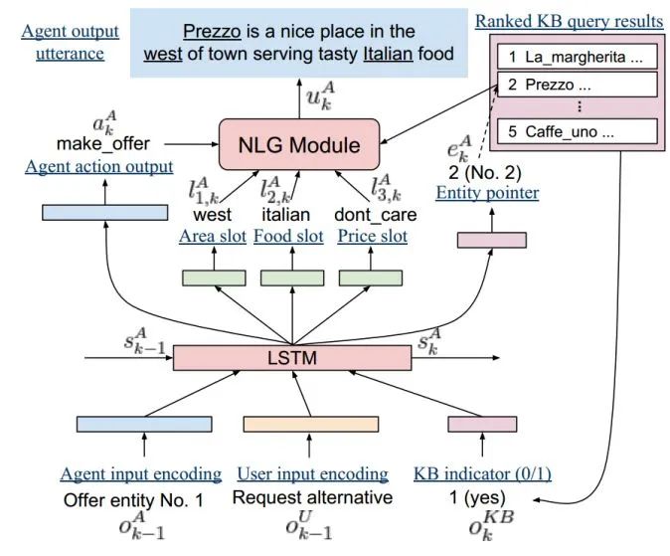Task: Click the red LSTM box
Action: click(291, 357)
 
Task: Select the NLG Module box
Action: click(298, 145)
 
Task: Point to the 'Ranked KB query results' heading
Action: click(569, 21)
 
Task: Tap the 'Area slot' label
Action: click(212, 237)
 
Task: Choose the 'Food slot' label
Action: click(288, 237)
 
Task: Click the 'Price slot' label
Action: click(373, 237)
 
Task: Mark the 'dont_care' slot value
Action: click(374, 214)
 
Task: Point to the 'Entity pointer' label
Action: click(487, 193)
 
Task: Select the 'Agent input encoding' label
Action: click(140, 473)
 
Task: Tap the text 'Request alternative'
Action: click(312, 497)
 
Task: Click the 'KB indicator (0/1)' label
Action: click(481, 473)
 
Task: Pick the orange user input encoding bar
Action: click(312, 424)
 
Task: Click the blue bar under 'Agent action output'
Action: click(105, 212)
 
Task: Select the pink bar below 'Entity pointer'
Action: click(491, 239)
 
